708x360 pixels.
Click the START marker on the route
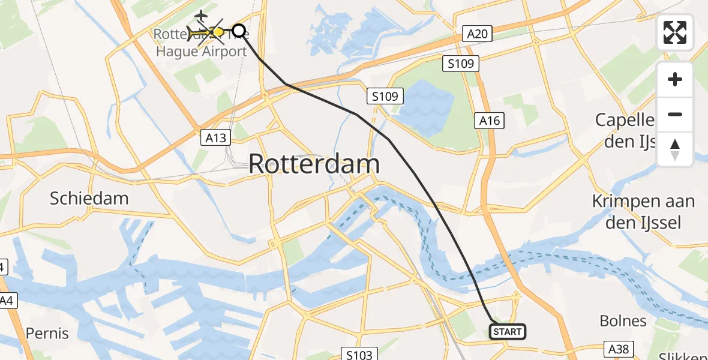pos(508,331)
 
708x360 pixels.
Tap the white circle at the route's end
pos(239,31)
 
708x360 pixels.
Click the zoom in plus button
pos(675,79)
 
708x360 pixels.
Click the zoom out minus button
pos(675,114)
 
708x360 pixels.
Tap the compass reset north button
pos(675,149)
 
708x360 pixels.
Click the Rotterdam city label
pos(314,164)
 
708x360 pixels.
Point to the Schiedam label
pos(89,199)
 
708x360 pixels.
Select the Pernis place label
pos(47,333)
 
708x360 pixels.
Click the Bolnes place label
pos(623,320)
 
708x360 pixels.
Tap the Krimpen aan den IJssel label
pos(643,212)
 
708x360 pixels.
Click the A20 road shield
pos(477,34)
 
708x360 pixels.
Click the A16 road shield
pos(490,121)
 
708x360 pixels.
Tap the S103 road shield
pos(359,354)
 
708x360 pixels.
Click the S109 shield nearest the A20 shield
pos(461,63)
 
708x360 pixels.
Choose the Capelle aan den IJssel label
pos(624,130)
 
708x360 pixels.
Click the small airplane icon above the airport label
pos(201,14)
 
